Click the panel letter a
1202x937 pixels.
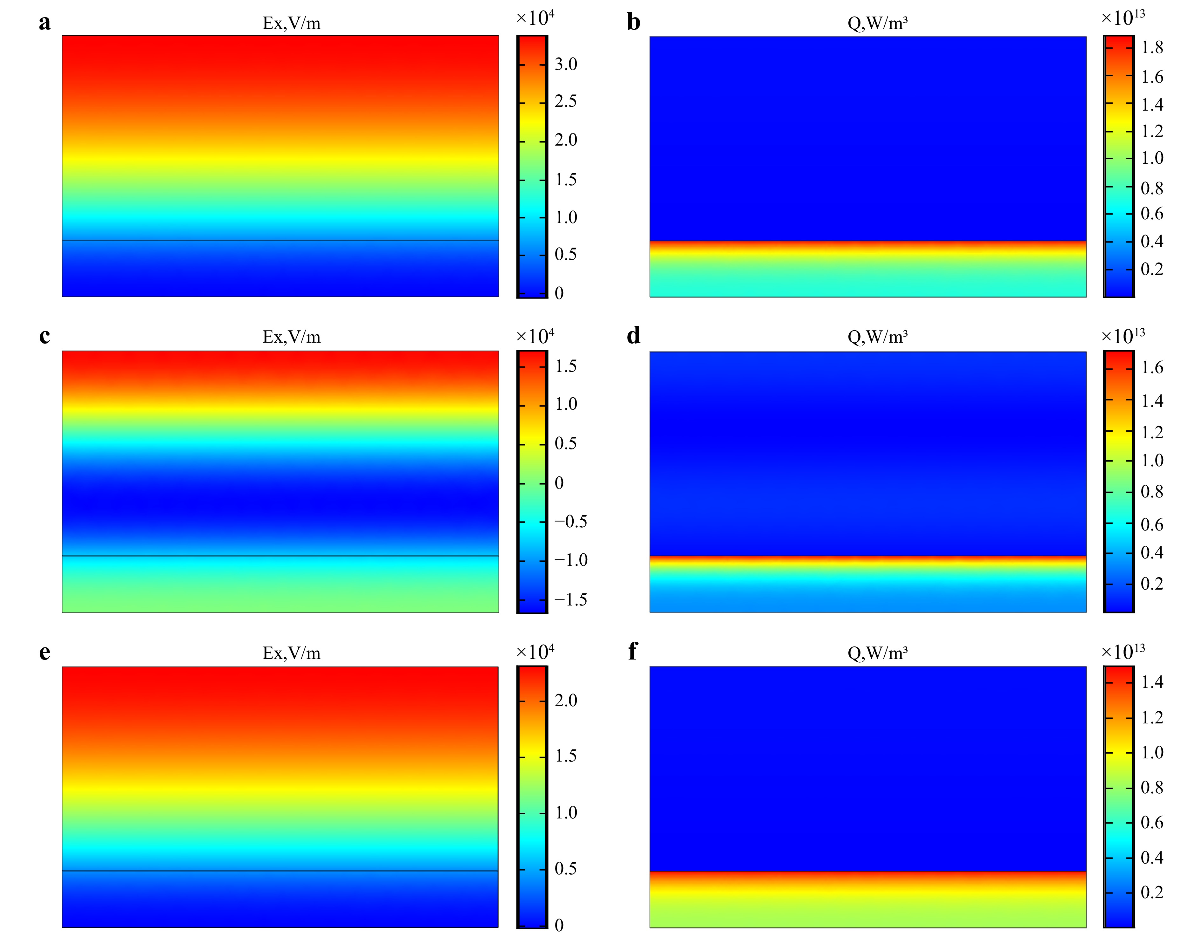point(45,23)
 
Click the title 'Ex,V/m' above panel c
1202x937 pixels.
point(291,337)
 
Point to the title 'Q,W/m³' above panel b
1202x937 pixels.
point(877,23)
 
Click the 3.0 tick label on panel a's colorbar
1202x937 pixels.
point(566,65)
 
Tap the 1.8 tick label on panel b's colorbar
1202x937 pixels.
point(1152,47)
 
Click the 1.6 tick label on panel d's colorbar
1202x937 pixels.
point(1152,367)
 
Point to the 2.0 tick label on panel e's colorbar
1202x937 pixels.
point(566,701)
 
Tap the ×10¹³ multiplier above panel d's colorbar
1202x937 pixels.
point(1123,335)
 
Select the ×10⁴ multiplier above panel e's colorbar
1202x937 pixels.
point(535,652)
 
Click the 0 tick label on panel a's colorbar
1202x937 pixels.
point(559,293)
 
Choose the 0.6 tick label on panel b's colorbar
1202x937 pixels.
point(1152,214)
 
